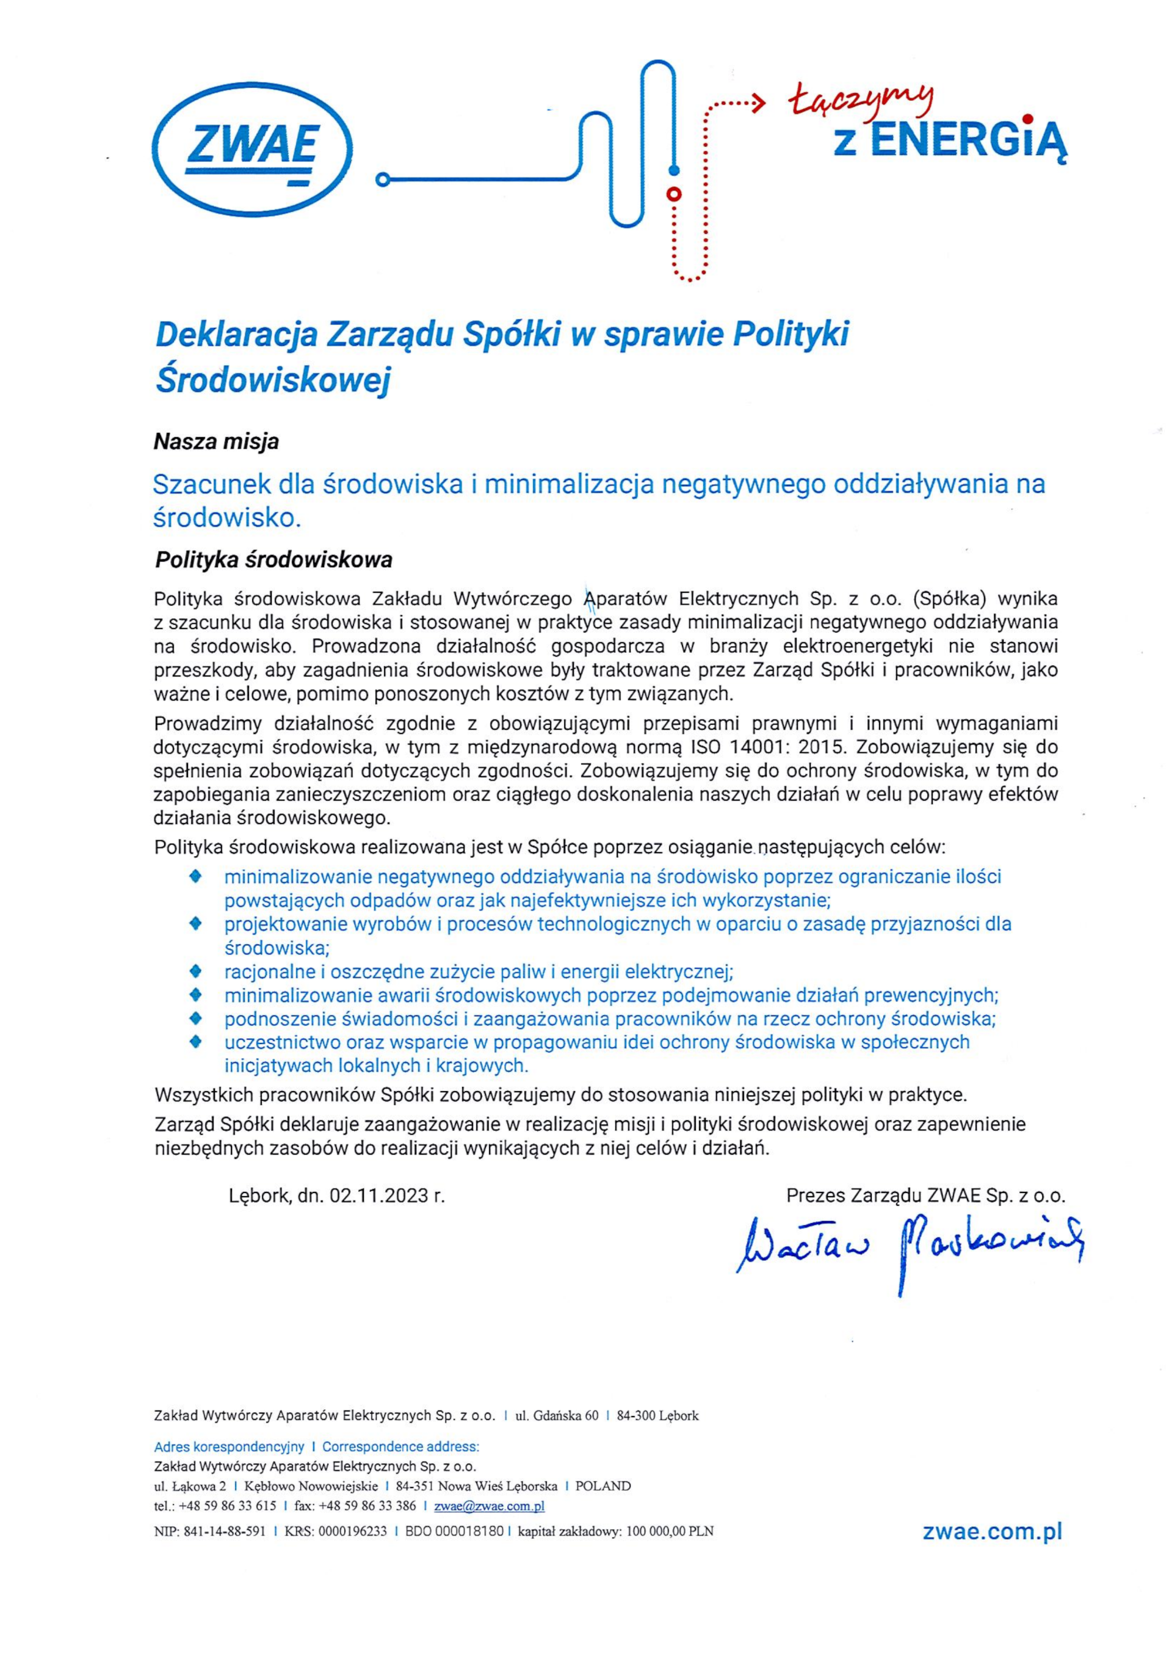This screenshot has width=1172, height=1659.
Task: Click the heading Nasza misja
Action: pyautogui.click(x=216, y=441)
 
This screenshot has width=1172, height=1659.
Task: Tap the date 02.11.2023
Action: pyautogui.click(x=378, y=1196)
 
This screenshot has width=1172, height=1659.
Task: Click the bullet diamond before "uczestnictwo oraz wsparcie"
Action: pyautogui.click(x=194, y=1042)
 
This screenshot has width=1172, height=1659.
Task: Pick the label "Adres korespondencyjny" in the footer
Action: pyautogui.click(x=229, y=1447)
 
